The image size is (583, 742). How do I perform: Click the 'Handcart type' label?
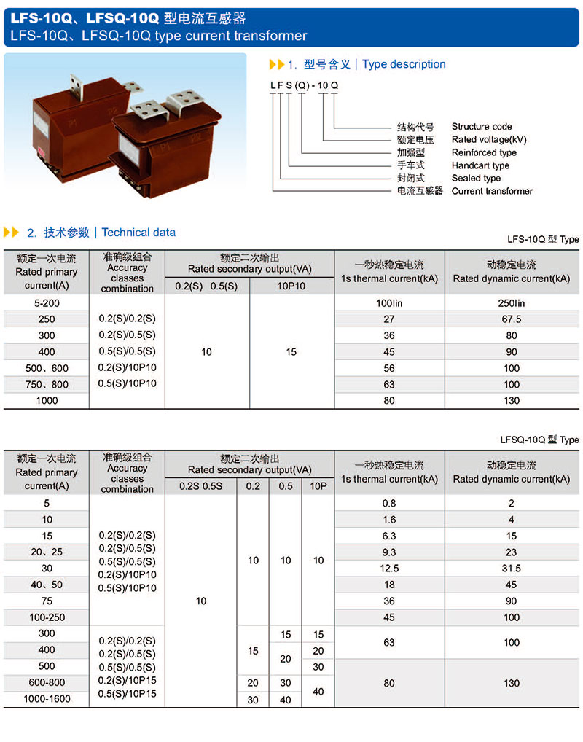coord(480,165)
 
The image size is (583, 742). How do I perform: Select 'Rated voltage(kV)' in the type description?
coord(488,139)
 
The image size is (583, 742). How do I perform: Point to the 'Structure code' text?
coord(482,127)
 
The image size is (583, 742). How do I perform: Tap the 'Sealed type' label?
coord(476,178)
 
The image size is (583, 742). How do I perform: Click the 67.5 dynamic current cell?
coord(512,319)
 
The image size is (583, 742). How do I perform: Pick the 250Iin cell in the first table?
coord(512,303)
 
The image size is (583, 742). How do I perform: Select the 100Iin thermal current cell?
coord(389,303)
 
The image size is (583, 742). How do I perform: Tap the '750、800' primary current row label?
coord(47,384)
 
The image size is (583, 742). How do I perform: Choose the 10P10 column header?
coord(291,286)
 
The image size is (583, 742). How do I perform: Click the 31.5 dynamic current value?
coord(512,569)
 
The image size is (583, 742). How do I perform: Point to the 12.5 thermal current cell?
coord(389,569)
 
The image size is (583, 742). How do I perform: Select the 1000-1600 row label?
coord(47,698)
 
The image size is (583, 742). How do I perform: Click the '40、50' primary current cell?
coord(47,585)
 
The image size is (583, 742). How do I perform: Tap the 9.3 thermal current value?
coord(389,552)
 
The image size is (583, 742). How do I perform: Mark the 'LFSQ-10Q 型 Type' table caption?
coord(539,440)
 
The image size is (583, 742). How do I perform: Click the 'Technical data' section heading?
coord(138,233)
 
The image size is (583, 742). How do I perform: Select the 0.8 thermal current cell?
coord(389,504)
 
